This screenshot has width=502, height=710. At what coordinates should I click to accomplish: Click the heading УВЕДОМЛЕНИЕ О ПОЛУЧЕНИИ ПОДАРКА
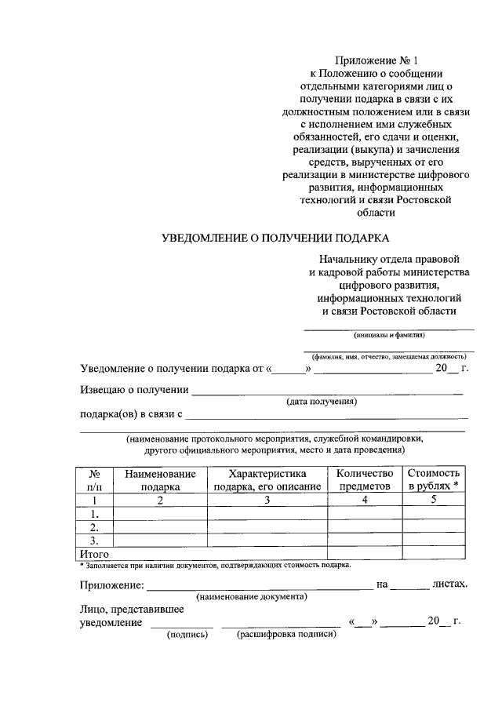pyautogui.click(x=275, y=237)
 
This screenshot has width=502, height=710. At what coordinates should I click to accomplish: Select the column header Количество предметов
pyautogui.click(x=364, y=480)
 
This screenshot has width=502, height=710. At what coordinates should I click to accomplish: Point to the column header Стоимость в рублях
pyautogui.click(x=434, y=480)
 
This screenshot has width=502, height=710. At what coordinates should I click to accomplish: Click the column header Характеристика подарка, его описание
pyautogui.click(x=267, y=480)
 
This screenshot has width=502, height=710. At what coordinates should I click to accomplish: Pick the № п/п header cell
pyautogui.click(x=94, y=480)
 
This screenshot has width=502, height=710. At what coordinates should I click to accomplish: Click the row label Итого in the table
pyautogui.click(x=94, y=554)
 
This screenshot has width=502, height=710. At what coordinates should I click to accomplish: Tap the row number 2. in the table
pyautogui.click(x=94, y=527)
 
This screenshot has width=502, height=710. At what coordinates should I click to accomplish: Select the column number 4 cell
pyautogui.click(x=364, y=500)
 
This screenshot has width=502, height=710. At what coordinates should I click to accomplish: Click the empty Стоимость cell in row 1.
pyautogui.click(x=434, y=514)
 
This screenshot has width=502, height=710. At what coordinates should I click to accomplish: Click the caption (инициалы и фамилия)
pyautogui.click(x=389, y=333)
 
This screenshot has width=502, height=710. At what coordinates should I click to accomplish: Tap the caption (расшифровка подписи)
pyautogui.click(x=286, y=635)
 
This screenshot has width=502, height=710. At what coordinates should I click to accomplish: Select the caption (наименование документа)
pyautogui.click(x=252, y=596)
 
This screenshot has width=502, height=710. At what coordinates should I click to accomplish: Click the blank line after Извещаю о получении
pyautogui.click(x=327, y=389)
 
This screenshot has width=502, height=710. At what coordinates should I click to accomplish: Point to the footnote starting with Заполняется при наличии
pyautogui.click(x=216, y=565)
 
